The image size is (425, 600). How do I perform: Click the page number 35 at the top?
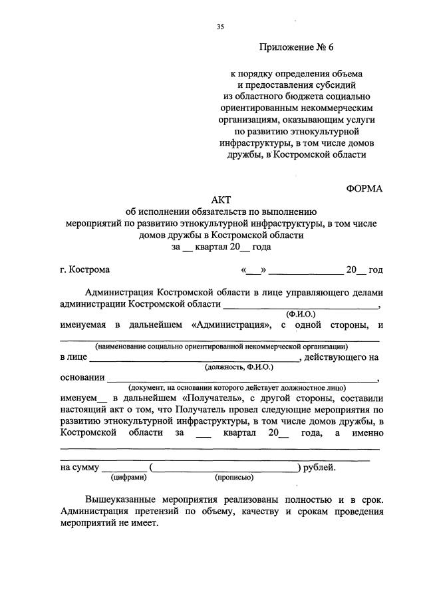tap(220, 26)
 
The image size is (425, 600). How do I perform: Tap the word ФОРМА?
tap(364, 188)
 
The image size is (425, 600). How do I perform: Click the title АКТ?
tap(220, 200)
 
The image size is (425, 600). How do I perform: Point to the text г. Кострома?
tap(84, 269)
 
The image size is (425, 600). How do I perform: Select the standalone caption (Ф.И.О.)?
tap(301, 313)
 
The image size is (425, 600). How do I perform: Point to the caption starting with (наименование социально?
tap(220, 346)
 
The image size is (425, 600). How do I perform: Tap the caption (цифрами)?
tap(125, 476)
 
